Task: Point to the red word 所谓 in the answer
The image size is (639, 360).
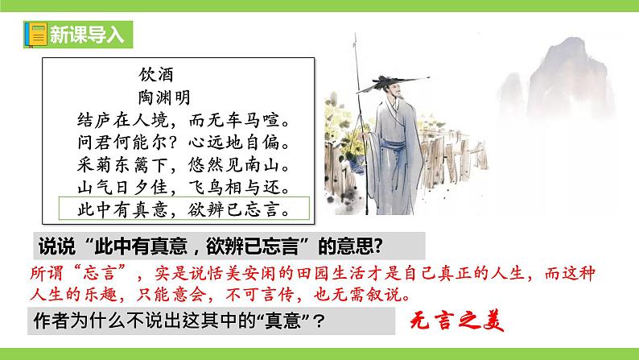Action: click(x=46, y=268)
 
